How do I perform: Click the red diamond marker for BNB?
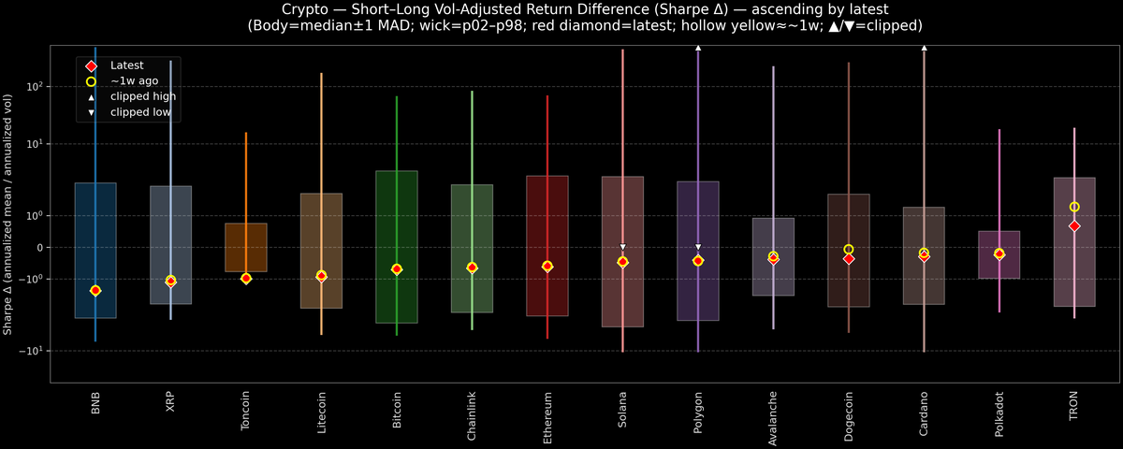[x=95, y=291]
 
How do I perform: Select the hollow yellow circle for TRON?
[x=1074, y=207]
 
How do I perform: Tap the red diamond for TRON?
[x=1074, y=226]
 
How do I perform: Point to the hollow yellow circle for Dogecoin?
[x=849, y=250]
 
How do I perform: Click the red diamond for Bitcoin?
[x=397, y=269]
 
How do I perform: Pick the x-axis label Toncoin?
[x=246, y=413]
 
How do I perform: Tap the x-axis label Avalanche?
[x=773, y=417]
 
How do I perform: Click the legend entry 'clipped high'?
[x=142, y=96]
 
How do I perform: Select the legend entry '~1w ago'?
[x=134, y=81]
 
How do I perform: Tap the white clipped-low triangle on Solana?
[x=622, y=247]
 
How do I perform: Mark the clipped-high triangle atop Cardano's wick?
[x=924, y=47]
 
